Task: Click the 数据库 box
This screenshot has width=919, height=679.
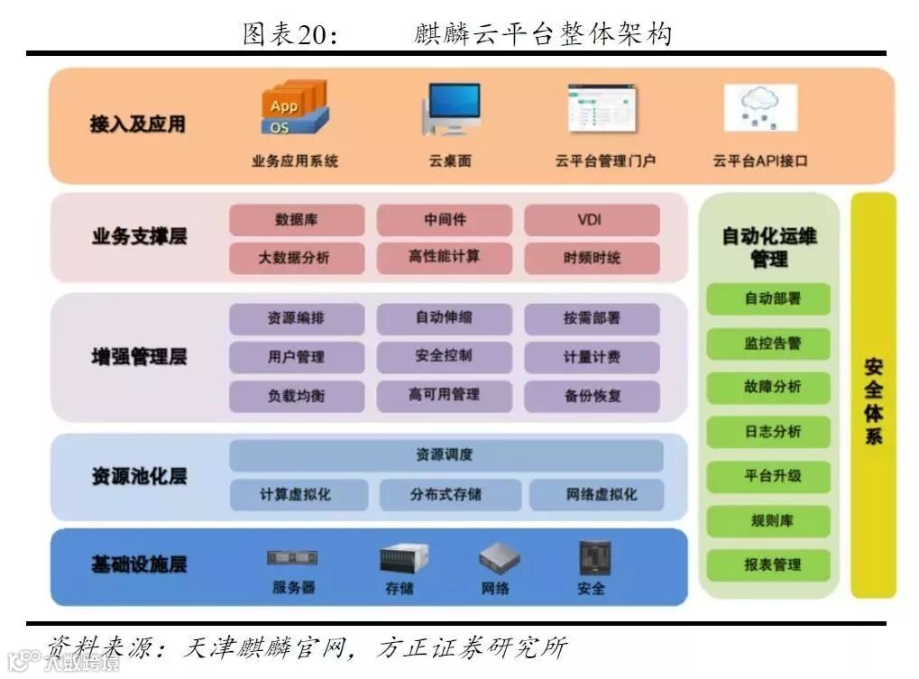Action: pyautogui.click(x=297, y=220)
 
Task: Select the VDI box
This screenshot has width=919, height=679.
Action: pyautogui.click(x=592, y=220)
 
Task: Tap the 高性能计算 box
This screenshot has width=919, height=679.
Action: pyautogui.click(x=444, y=258)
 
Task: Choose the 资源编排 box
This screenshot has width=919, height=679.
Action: pyautogui.click(x=297, y=318)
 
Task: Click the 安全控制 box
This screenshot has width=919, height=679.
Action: pyautogui.click(x=444, y=356)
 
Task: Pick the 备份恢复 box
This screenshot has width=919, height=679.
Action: pyautogui.click(x=592, y=396)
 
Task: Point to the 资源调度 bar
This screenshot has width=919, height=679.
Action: pyautogui.click(x=446, y=455)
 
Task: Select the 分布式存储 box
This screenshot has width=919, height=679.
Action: pyautogui.click(x=446, y=495)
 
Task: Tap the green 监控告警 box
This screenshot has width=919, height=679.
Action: pyautogui.click(x=768, y=344)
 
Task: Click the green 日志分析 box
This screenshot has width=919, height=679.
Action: pyautogui.click(x=768, y=432)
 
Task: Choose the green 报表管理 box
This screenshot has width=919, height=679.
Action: pyautogui.click(x=768, y=565)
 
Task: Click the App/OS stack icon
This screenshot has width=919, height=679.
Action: pyautogui.click(x=295, y=108)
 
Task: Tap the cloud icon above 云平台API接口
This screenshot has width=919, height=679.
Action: pyautogui.click(x=760, y=107)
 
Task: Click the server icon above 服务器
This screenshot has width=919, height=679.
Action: pyautogui.click(x=292, y=558)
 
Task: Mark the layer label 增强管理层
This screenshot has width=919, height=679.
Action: pyautogui.click(x=139, y=357)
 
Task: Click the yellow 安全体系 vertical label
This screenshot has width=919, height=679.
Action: pyautogui.click(x=873, y=401)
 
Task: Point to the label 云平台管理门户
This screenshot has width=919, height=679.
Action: pyautogui.click(x=604, y=161)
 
